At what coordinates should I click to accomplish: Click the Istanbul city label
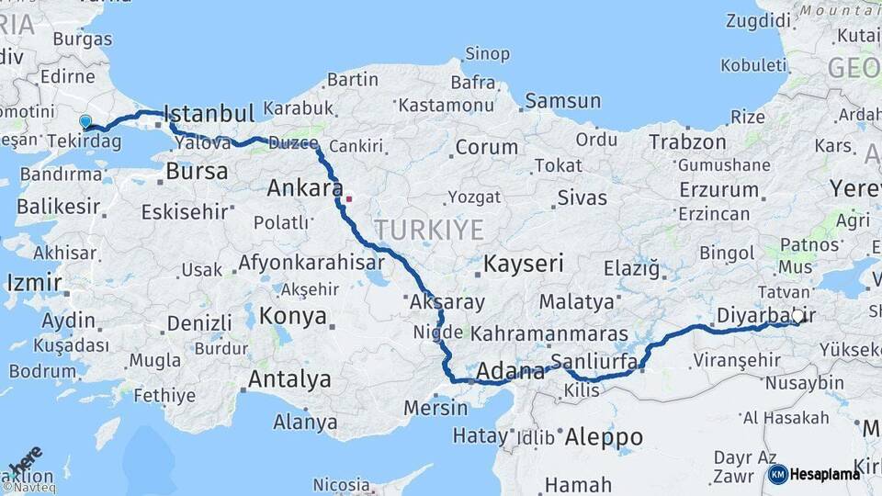pos(209,114)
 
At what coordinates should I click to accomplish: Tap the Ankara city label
pos(299,189)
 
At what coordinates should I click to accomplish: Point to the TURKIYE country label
pos(428,229)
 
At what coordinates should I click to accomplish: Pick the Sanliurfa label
pos(594,361)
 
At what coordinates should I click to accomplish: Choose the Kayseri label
pos(524,265)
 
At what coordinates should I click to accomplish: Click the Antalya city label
pos(289,378)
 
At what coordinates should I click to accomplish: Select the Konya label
pos(293,317)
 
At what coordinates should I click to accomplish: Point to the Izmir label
pos(34,283)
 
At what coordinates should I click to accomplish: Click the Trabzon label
pos(688,141)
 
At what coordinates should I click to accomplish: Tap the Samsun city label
pos(563,101)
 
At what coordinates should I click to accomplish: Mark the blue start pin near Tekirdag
pos(85,121)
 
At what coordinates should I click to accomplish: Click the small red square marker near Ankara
pos(349,197)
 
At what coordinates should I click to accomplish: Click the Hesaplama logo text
pos(826,474)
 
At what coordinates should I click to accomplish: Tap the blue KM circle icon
pos(777,474)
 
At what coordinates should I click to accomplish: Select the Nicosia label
pos(341,484)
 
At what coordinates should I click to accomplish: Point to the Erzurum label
pos(719,189)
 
